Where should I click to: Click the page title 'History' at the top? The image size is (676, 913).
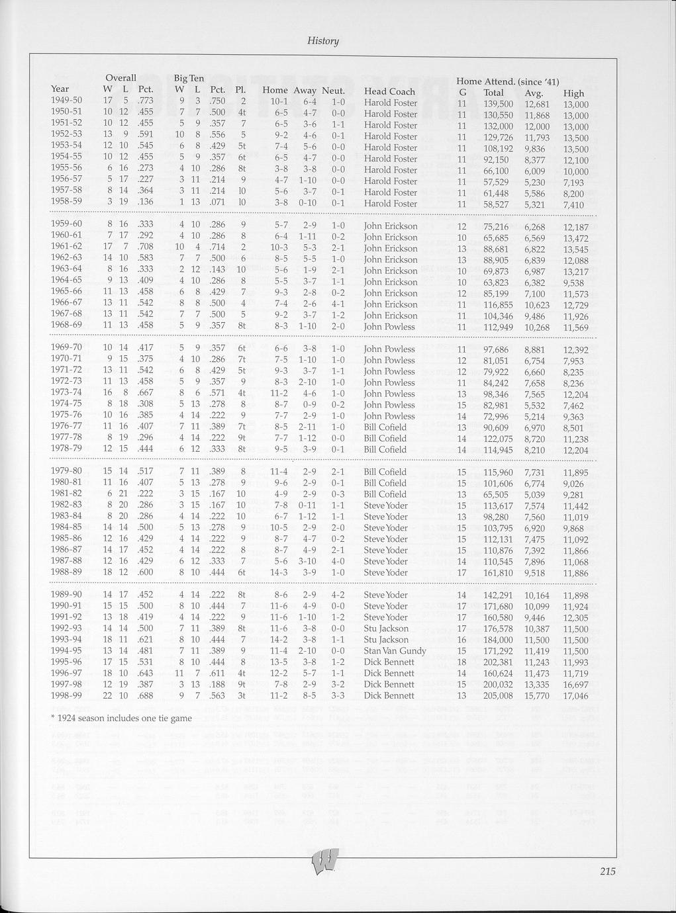point(323,41)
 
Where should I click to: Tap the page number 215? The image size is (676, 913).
point(608,871)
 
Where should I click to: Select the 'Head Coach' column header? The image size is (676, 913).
point(389,91)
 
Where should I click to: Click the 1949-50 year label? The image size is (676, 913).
point(66,100)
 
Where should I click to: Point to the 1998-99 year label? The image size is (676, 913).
point(66,695)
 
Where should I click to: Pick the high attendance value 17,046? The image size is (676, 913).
point(575,696)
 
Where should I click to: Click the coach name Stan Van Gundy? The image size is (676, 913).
point(395,650)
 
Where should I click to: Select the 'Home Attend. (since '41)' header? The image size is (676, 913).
point(508,81)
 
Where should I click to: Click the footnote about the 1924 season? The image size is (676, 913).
point(121,718)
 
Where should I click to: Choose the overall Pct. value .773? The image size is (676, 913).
point(146,101)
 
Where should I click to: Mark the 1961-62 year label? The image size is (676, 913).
point(66,246)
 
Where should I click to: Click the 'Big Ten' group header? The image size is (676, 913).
point(189,78)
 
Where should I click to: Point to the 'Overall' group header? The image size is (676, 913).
point(121,78)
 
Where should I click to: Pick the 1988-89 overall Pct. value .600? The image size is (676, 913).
point(146,572)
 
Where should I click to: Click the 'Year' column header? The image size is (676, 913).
point(60,89)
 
